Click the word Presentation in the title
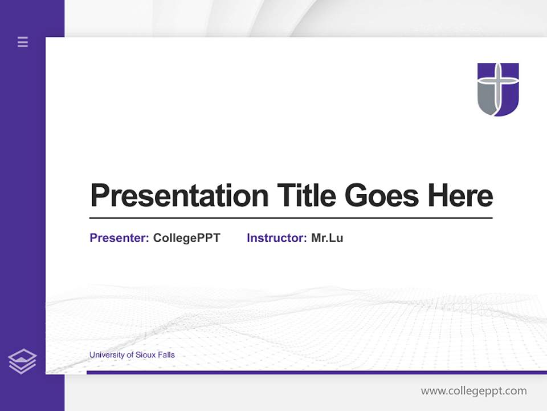pyautogui.click(x=179, y=196)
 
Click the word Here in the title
pyautogui.click(x=460, y=196)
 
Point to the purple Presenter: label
pyautogui.click(x=119, y=238)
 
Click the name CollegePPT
pyautogui.click(x=186, y=238)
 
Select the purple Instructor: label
pyautogui.click(x=276, y=238)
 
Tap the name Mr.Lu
pyautogui.click(x=327, y=238)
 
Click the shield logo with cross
pyautogui.click(x=498, y=90)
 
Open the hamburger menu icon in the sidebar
pyautogui.click(x=23, y=42)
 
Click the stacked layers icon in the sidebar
pyautogui.click(x=22, y=361)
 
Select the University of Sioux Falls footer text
pyautogui.click(x=132, y=355)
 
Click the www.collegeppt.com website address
pyautogui.click(x=473, y=391)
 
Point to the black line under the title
pyautogui.click(x=291, y=218)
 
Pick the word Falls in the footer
pyautogui.click(x=166, y=355)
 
